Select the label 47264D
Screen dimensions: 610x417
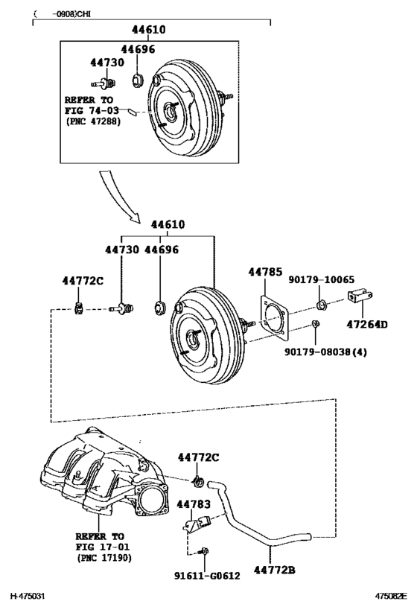[368, 324]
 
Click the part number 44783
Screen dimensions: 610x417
[194, 504]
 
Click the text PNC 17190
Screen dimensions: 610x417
[102, 556]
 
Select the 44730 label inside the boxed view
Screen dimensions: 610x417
[106, 63]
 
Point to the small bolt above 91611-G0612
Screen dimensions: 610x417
[205, 552]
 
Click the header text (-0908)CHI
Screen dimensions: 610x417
[59, 13]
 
